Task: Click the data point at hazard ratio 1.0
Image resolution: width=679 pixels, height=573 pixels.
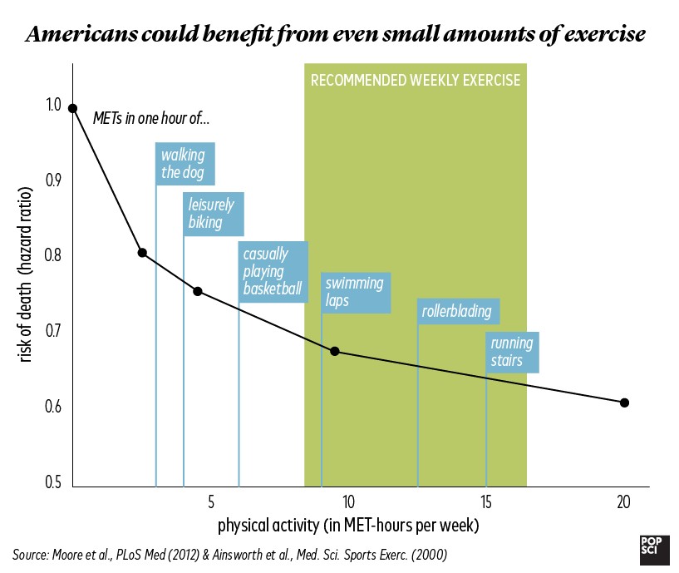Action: pos(73,108)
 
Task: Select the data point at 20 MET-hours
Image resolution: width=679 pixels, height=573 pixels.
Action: pos(624,403)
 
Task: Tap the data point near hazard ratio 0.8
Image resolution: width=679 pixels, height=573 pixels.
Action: pos(142,253)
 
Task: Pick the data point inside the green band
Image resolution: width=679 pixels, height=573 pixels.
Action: pos(335,351)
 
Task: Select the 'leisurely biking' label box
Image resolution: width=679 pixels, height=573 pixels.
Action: pos(214,214)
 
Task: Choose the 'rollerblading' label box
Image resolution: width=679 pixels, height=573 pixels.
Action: pos(458,312)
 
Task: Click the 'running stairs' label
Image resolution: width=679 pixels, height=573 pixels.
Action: pos(513,352)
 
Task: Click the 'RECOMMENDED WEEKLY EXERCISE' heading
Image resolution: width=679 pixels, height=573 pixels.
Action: pos(416,81)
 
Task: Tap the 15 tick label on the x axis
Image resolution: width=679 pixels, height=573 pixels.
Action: pos(486,501)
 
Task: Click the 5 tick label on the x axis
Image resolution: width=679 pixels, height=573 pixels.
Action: pos(211,501)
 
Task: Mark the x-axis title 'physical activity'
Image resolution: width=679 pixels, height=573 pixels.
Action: pos(348,526)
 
